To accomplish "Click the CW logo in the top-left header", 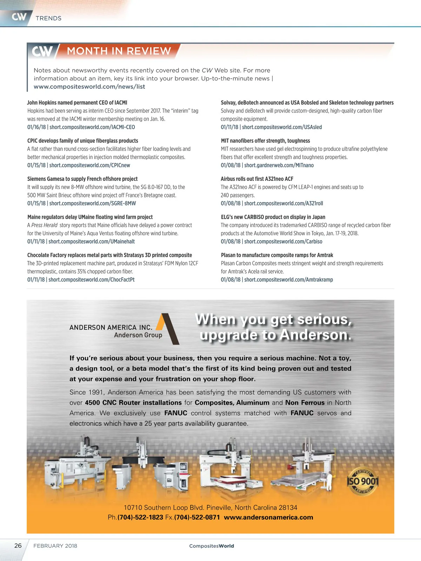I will [x=19, y=17].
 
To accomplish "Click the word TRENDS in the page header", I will [x=48, y=18].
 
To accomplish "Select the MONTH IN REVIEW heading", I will [x=119, y=51].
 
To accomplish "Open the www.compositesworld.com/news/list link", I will [x=89, y=87].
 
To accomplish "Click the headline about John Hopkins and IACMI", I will [x=77, y=103].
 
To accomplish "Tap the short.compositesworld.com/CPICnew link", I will [x=89, y=165].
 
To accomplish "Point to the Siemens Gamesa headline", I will [x=82, y=179].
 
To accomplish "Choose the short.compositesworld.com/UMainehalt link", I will [x=92, y=242].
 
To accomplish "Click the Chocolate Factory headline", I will [x=109, y=255].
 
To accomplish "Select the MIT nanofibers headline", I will [x=265, y=141].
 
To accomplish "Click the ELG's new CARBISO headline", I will [x=273, y=217].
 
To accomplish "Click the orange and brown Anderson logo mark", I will [x=168, y=328].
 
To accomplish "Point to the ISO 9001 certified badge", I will [x=362, y=481].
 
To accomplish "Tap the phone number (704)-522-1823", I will [x=140, y=518].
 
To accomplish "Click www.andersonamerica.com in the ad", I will [x=268, y=518].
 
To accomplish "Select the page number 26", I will [x=18, y=546].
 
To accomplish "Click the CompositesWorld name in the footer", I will [x=212, y=546].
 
